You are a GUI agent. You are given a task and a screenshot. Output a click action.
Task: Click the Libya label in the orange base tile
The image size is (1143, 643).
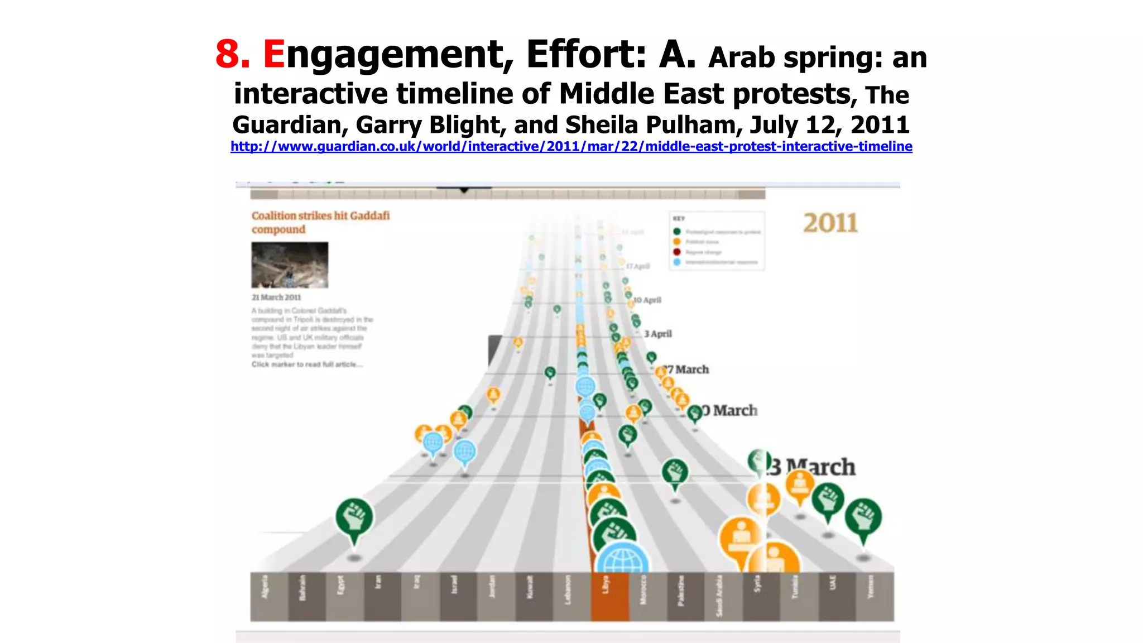tap(606, 586)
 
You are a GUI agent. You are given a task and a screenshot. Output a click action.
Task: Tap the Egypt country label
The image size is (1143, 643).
tap(340, 585)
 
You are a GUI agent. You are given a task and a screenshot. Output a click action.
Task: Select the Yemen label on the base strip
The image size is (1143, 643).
tap(871, 587)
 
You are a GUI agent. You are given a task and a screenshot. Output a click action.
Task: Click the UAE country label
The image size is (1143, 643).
tap(833, 582)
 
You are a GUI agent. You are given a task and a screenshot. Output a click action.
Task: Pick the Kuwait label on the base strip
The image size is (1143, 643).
tap(530, 587)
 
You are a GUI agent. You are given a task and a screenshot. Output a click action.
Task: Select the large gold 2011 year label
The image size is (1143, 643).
tap(830, 223)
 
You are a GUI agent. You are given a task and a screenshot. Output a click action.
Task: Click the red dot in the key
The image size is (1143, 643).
tap(677, 252)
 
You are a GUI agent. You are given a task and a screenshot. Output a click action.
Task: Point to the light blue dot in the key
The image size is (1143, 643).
tap(677, 262)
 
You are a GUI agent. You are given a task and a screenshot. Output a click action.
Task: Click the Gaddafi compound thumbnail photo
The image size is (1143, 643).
tap(290, 265)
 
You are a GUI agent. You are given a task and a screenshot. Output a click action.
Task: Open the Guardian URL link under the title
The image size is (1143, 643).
tap(571, 146)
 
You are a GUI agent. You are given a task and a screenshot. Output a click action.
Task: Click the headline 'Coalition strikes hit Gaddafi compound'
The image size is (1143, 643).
tap(320, 222)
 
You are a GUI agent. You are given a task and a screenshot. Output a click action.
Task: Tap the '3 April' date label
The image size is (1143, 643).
tap(658, 334)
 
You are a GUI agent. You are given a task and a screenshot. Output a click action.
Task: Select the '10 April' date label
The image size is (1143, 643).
tap(648, 300)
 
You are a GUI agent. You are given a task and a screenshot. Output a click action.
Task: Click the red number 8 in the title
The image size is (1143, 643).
tap(232, 55)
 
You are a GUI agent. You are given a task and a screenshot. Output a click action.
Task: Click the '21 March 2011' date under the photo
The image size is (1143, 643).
tap(276, 297)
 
